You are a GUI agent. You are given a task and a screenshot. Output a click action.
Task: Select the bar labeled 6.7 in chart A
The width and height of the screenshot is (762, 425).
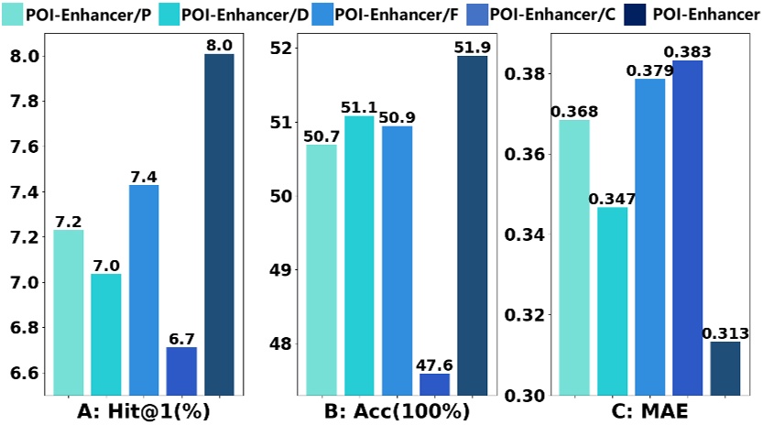tap(181, 371)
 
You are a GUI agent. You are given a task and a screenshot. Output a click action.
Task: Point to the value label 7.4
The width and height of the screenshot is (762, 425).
tap(144, 176)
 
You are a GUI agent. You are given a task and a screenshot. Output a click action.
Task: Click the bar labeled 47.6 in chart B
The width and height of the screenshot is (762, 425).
tap(435, 385)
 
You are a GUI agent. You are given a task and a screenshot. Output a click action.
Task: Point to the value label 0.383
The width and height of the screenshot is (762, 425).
tap(688, 51)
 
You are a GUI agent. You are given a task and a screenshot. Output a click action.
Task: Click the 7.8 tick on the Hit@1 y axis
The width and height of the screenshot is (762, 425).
tap(21, 102)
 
